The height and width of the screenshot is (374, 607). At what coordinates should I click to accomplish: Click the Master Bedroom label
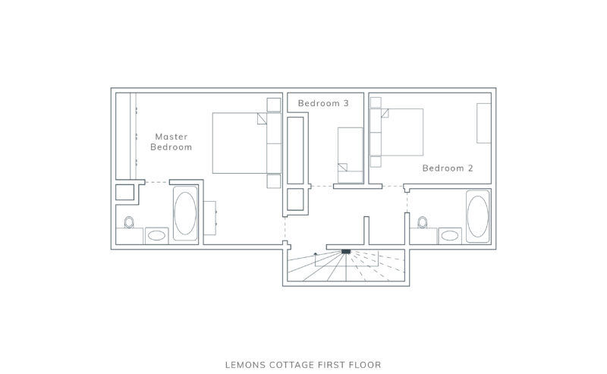[x=171, y=142]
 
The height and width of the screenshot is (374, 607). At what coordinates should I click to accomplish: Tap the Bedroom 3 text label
[x=323, y=102]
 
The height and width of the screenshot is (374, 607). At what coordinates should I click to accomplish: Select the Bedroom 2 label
[x=448, y=168]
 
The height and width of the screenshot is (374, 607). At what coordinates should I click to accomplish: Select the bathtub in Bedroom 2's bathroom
[x=477, y=217]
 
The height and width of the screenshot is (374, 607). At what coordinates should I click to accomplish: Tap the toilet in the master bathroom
[x=129, y=223]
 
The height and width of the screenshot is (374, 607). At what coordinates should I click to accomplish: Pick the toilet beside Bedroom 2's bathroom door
[x=423, y=223]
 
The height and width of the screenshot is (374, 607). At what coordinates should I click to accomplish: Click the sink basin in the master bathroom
[x=157, y=235]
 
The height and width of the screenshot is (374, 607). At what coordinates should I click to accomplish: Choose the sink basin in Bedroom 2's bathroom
[x=449, y=235]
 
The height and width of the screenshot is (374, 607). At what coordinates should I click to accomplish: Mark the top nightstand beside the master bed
[x=274, y=105]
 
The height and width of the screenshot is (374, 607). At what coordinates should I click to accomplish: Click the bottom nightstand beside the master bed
[x=274, y=181]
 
